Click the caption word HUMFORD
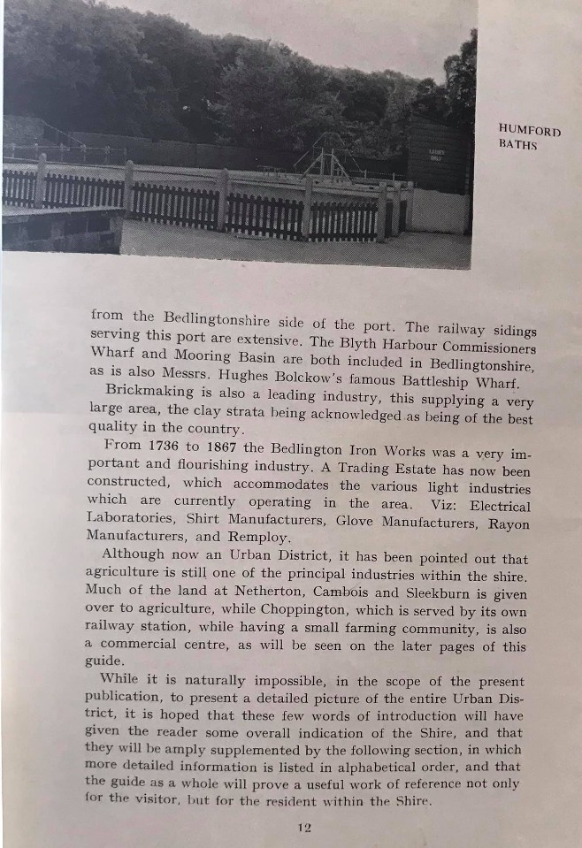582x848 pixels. [530, 131]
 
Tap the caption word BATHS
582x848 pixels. [517, 145]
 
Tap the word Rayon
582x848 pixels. [510, 523]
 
